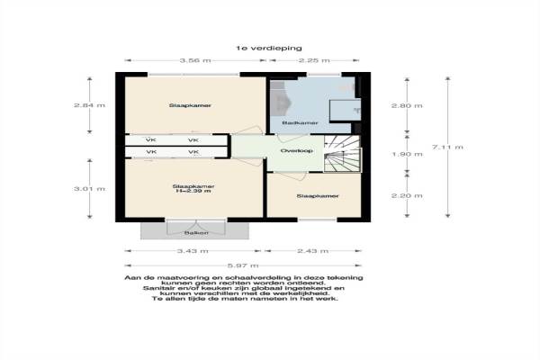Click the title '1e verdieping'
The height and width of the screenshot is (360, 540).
[269, 49]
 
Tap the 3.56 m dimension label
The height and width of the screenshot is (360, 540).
[195, 60]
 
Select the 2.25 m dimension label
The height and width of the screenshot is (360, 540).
[314, 60]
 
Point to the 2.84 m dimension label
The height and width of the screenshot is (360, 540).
[89, 105]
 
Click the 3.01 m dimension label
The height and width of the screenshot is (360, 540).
[89, 189]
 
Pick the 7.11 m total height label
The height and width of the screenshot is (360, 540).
[447, 147]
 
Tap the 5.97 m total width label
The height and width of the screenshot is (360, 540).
[243, 265]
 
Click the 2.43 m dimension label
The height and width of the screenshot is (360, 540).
[313, 251]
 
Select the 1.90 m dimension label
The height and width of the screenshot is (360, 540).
[407, 154]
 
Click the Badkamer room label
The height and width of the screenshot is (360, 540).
[295, 123]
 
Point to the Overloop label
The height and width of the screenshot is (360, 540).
[296, 151]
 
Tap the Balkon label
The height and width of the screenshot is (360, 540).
[196, 233]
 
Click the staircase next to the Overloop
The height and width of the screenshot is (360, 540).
[342, 154]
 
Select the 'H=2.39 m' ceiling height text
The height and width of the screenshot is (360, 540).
[193, 191]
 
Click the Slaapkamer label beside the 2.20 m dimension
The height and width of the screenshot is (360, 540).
[318, 196]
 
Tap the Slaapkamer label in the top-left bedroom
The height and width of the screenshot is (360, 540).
[190, 105]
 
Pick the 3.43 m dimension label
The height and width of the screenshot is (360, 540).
[193, 251]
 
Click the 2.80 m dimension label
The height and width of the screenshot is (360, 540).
[407, 105]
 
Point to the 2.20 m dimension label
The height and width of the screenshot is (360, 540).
[407, 195]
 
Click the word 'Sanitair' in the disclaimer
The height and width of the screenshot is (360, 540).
[157, 288]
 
